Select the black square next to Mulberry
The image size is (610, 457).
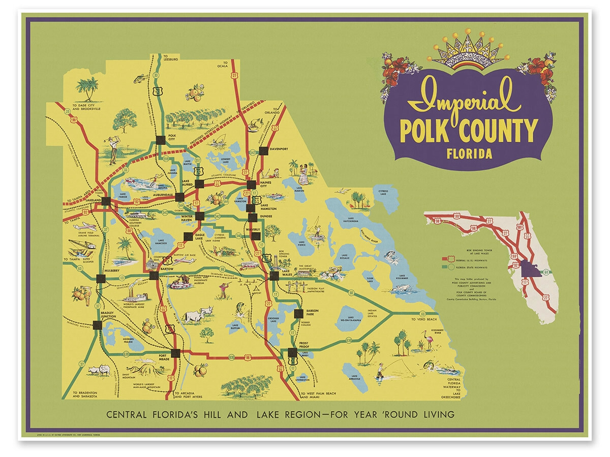pos(100,278)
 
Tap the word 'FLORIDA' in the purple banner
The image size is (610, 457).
pos(469,153)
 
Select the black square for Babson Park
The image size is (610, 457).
pos(298,313)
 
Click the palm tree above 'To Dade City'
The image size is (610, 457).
pos(90,89)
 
